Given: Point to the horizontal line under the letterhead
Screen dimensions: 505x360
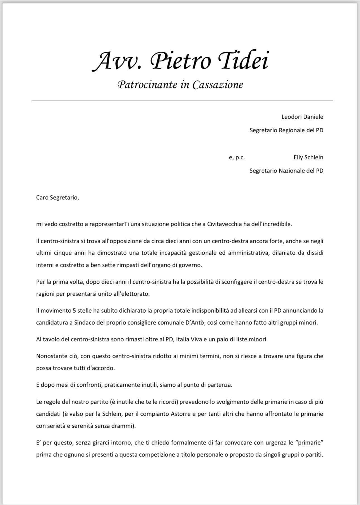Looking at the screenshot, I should [182, 100].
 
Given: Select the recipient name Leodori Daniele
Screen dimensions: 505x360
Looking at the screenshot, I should [302, 117].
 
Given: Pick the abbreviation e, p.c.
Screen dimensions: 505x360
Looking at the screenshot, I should [237, 157].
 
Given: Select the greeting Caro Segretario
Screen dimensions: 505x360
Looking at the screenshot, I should [57, 197].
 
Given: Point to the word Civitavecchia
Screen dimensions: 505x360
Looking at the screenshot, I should [224, 224].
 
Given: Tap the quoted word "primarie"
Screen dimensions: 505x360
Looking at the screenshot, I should [309, 442].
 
